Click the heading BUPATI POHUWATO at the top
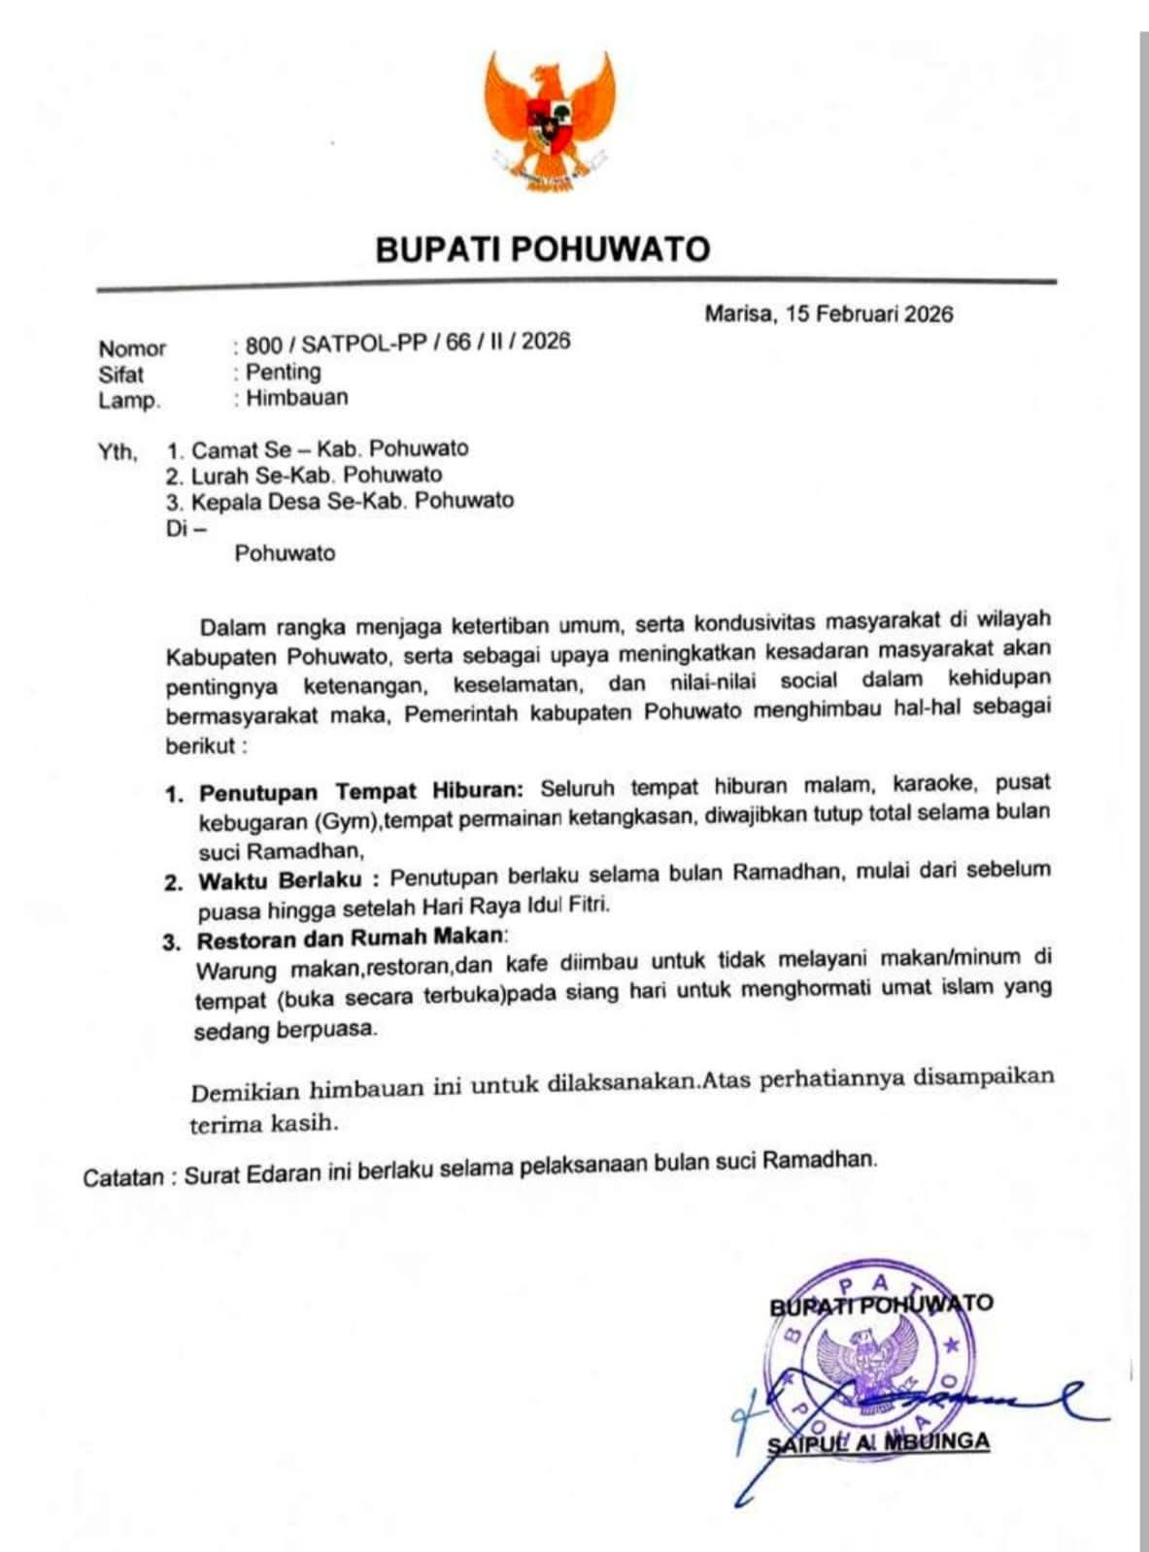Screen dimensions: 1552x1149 (543, 249)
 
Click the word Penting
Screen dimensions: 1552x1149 (283, 371)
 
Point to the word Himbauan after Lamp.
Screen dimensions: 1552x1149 (296, 397)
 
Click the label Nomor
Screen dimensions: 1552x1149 (132, 348)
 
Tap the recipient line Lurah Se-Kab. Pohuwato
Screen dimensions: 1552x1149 (316, 476)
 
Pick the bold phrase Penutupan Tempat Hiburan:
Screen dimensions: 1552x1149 (361, 791)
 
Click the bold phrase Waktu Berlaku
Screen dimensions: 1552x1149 (281, 881)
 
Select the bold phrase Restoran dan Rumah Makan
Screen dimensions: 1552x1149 (352, 939)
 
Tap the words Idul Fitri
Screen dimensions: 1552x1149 (574, 906)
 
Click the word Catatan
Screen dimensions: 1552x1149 (123, 1178)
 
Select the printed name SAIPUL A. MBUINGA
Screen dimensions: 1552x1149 (878, 1441)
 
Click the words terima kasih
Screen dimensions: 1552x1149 (264, 1124)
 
